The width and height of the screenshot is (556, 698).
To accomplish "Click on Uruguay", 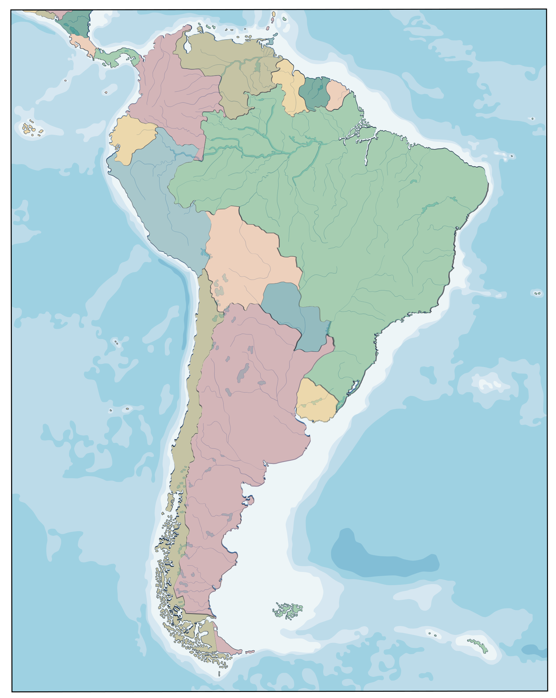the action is pyautogui.click(x=316, y=401).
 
